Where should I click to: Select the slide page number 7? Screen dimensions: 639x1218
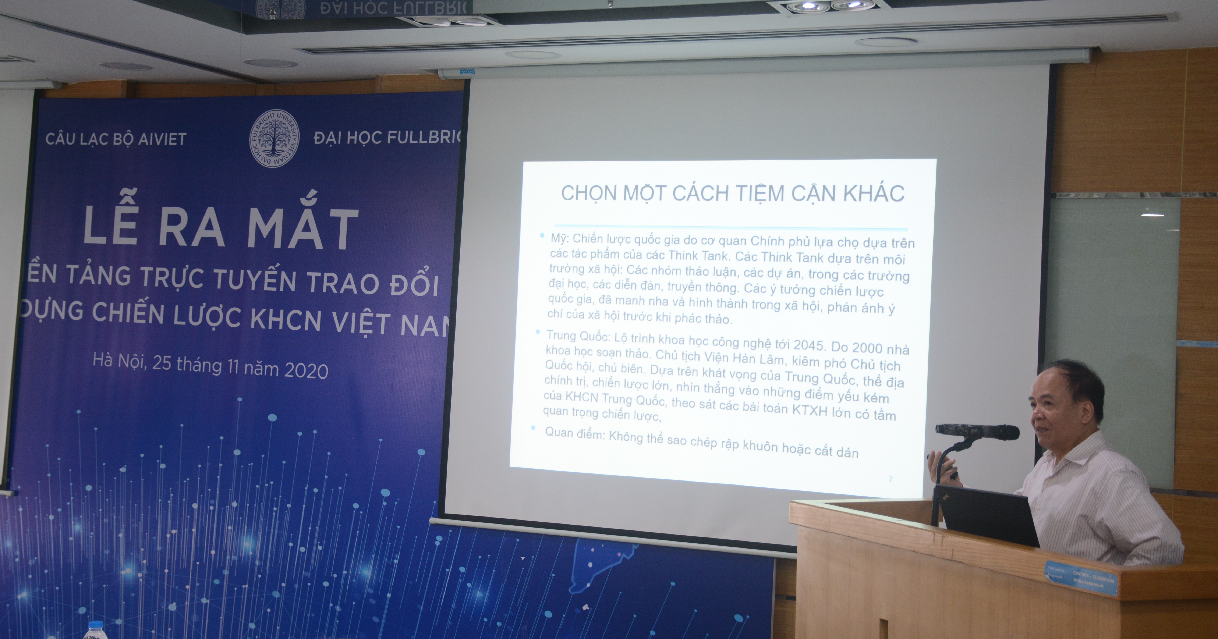click(x=891, y=479)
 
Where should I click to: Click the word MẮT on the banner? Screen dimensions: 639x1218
click(x=303, y=229)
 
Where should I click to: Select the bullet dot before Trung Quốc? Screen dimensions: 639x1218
click(x=538, y=332)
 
